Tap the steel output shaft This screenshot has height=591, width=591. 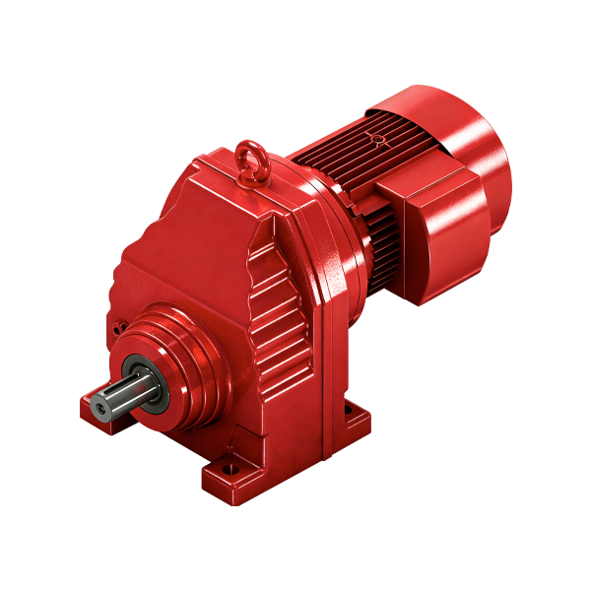coord(118,393)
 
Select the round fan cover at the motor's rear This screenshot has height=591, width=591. coord(473,148)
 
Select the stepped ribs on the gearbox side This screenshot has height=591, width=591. coord(281,315)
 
